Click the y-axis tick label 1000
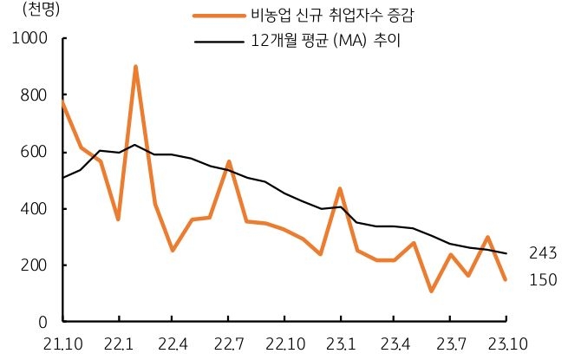pos(29,39)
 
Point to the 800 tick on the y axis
pos(34,95)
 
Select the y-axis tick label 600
pos(34,152)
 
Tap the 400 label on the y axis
pos(34,209)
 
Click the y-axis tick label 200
pos(34,265)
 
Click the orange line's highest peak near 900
pos(136,67)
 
